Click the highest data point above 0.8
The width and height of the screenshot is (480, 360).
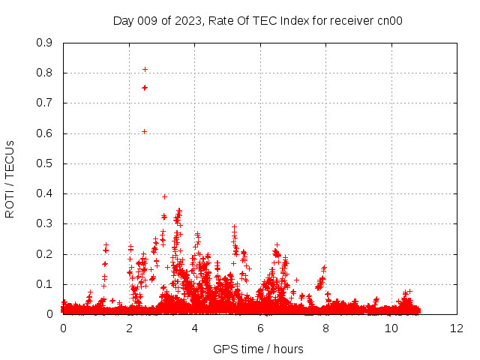145,70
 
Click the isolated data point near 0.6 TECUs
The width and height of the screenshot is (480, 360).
144,132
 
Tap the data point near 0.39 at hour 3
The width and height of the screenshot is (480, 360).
164,196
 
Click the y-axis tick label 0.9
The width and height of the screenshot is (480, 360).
45,43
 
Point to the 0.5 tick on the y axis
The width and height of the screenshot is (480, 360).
45,163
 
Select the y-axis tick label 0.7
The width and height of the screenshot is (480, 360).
45,103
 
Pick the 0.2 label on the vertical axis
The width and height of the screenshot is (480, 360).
45,254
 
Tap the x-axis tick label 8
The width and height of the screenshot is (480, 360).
325,328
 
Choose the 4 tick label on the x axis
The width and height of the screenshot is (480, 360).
194,328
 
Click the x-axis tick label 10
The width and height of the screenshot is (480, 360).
391,328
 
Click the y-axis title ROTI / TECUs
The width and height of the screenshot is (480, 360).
10,178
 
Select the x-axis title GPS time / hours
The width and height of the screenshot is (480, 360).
258,349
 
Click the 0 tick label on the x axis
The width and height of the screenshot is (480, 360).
63,328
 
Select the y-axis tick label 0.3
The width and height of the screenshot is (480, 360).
45,223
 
